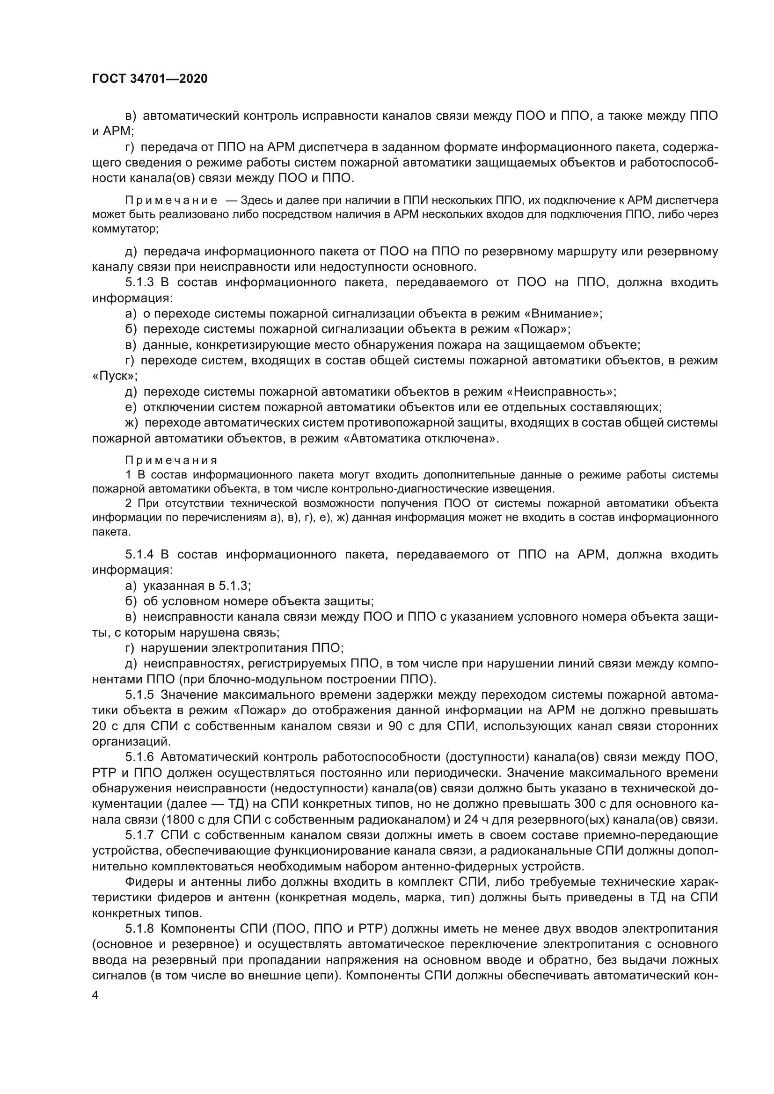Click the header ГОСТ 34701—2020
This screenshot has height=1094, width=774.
[x=150, y=79]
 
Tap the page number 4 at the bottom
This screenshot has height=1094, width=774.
[x=95, y=996]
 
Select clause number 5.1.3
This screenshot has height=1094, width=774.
[x=139, y=283]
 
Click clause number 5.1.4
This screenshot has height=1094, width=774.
[x=139, y=554]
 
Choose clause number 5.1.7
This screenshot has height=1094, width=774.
[x=139, y=835]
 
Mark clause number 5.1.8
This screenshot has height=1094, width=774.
[x=139, y=929]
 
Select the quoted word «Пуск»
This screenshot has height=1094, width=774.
[x=113, y=376]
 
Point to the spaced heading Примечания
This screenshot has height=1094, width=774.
[x=172, y=460]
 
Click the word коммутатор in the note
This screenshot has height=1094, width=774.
[x=124, y=229]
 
